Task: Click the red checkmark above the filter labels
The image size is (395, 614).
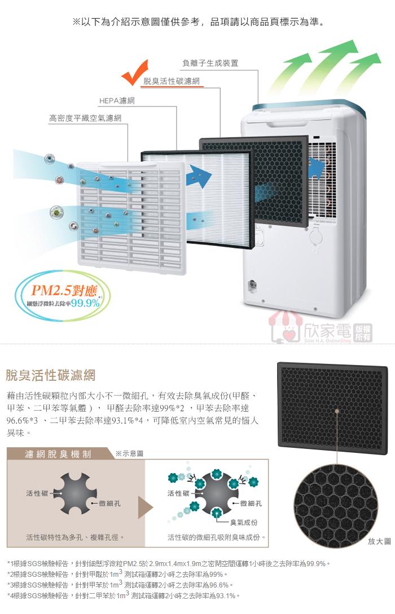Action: [x=135, y=74]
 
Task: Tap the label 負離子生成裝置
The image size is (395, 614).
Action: [x=210, y=63]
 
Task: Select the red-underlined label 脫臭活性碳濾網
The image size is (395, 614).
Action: [x=172, y=82]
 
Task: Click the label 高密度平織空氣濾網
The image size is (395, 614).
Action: [x=85, y=118]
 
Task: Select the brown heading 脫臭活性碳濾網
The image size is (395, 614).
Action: [x=50, y=375]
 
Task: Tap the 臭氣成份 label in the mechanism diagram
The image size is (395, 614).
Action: [x=244, y=523]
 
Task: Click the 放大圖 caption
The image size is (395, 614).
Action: [x=379, y=541]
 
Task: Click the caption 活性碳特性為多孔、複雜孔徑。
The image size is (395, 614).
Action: [x=75, y=537]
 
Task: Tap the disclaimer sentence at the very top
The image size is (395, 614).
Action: [x=197, y=23]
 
